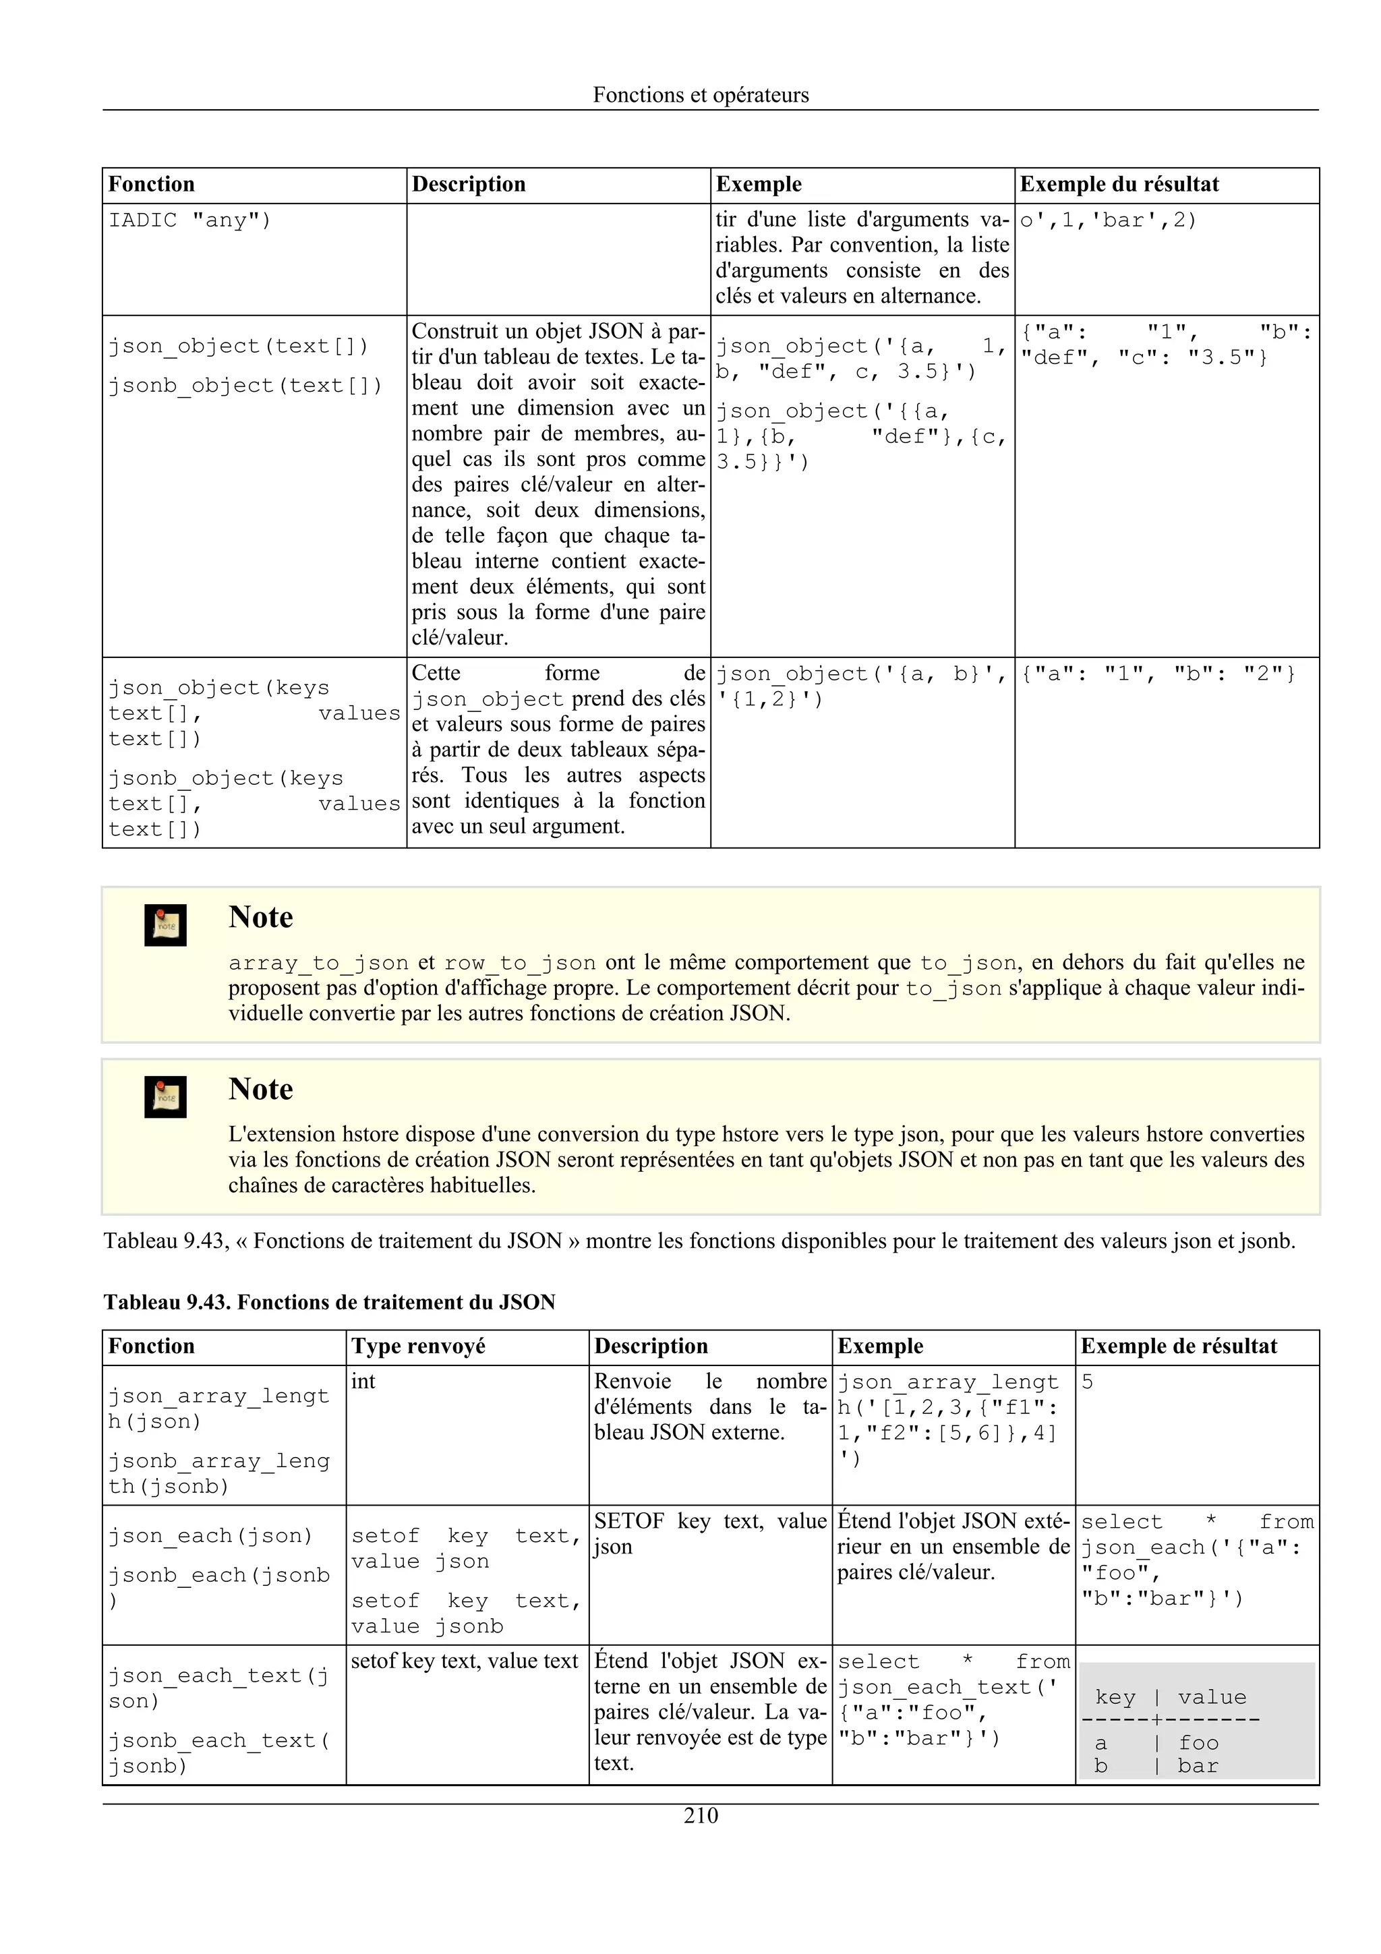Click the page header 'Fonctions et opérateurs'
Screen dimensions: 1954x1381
[x=701, y=94]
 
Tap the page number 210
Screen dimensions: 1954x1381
[x=701, y=1815]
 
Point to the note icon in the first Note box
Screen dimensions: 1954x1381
[x=165, y=925]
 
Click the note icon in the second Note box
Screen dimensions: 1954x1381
[x=165, y=1097]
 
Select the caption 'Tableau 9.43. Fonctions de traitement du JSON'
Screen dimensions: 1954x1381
[x=329, y=1302]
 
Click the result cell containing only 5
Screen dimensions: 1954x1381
[x=1088, y=1382]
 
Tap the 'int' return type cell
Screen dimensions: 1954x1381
[x=363, y=1382]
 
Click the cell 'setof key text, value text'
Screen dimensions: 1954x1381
[x=465, y=1661]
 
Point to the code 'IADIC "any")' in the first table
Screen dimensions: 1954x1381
[x=189, y=220]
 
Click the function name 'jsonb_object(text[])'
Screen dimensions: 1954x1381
[x=245, y=386]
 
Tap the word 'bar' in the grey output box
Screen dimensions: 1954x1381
[x=1198, y=1766]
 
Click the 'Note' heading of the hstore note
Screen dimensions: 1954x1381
[x=260, y=1090]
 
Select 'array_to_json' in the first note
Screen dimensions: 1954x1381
[x=318, y=964]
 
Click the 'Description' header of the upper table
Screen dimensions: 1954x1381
[x=469, y=185]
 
